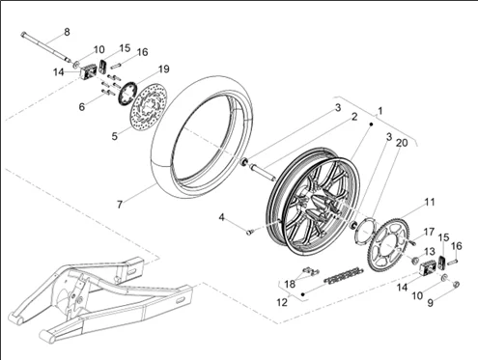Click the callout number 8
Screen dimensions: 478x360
tap(67, 32)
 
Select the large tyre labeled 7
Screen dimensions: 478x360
tap(201, 138)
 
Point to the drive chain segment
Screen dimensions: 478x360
tap(344, 275)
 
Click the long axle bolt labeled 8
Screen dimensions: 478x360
tap(46, 46)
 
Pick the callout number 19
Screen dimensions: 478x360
tap(163, 69)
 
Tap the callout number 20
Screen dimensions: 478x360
tap(402, 143)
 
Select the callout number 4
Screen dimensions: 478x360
tap(221, 217)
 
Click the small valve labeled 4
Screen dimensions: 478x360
tap(250, 231)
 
